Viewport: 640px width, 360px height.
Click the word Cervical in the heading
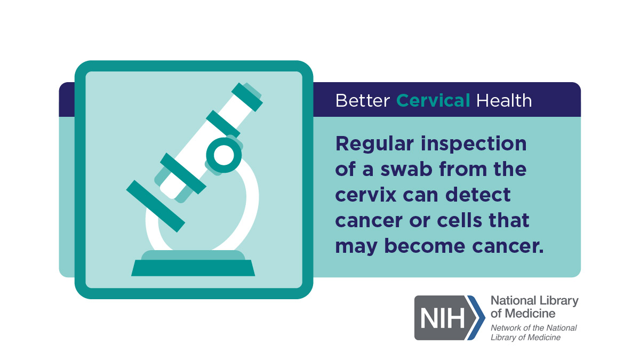(433, 101)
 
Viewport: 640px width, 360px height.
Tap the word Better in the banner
(363, 101)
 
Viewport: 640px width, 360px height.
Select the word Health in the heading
(504, 101)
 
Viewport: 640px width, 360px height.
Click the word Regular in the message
(374, 145)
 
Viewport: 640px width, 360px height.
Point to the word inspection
(474, 145)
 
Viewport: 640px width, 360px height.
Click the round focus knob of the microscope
(224, 155)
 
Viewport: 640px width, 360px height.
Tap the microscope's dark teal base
(193, 268)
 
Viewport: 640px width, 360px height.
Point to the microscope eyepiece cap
(247, 97)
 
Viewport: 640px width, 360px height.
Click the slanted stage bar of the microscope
(156, 206)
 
